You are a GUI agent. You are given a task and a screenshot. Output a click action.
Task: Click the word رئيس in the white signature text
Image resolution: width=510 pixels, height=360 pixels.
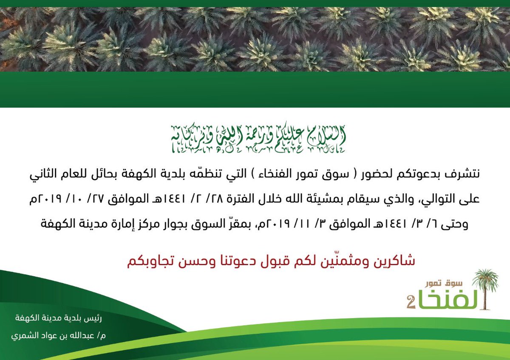(x=94, y=318)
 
